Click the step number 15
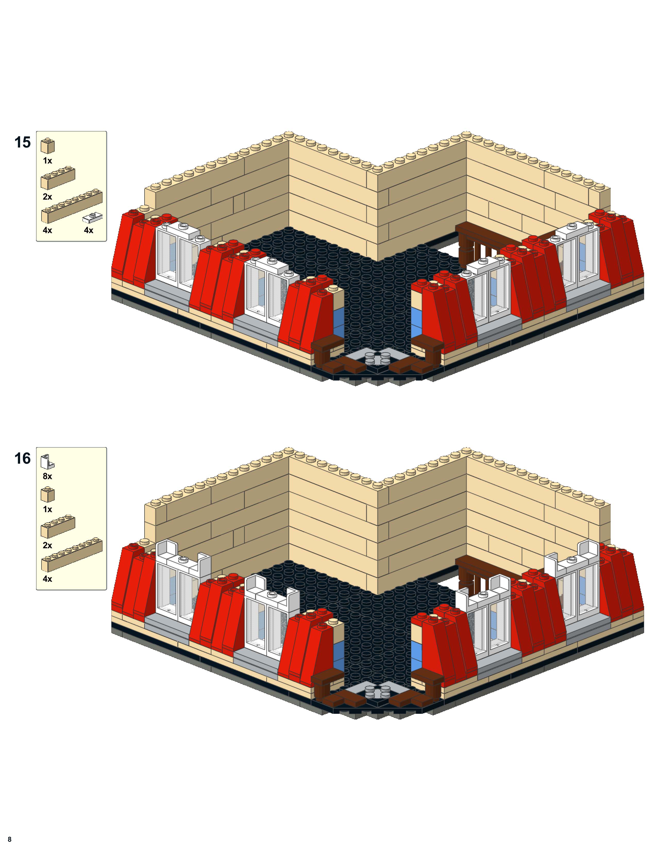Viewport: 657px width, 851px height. (x=23, y=143)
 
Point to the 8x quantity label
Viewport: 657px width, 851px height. (x=47, y=476)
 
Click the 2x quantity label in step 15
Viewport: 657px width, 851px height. (x=47, y=197)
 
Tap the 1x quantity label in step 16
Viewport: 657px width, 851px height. (x=47, y=509)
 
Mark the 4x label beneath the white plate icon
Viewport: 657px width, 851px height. (x=89, y=230)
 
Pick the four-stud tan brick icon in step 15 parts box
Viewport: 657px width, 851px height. (x=58, y=178)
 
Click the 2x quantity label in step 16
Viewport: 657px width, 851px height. (x=47, y=545)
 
